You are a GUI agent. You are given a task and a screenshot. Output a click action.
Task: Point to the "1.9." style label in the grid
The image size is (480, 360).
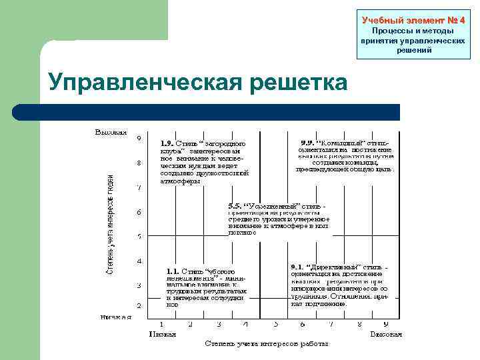coord(168,143)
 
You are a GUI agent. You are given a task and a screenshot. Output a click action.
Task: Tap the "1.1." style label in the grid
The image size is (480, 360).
coord(173,271)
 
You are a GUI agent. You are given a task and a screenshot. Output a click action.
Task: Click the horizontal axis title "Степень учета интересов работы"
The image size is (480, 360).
coord(267,344)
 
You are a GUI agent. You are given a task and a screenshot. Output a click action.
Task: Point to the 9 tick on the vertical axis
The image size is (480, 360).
coord(139,139)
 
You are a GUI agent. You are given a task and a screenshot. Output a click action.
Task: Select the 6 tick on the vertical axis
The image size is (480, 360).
coord(139,213)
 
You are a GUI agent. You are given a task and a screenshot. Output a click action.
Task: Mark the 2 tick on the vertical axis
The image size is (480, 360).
coord(139,305)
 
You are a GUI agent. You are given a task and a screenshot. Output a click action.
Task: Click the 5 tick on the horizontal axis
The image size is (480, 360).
coord(275,324)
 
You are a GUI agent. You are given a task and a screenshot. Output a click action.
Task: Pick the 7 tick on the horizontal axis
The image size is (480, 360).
coord(331,324)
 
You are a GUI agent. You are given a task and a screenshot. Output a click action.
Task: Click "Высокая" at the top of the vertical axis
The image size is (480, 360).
coord(111,131)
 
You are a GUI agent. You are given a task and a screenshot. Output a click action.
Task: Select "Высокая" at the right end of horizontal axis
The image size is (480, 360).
coord(386,333)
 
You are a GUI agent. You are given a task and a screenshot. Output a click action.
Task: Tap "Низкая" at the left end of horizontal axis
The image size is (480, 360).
coord(162,333)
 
